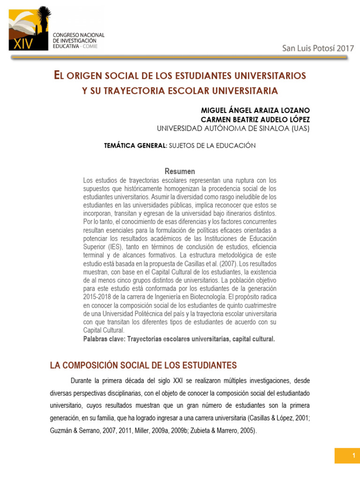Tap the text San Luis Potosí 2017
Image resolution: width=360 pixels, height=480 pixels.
[318, 48]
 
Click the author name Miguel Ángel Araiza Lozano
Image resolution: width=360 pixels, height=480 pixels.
[255, 110]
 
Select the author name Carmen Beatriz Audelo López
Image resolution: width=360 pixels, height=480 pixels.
[255, 120]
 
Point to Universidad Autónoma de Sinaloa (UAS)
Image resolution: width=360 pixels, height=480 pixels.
[233, 128]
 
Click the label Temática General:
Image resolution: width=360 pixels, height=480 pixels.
[135, 146]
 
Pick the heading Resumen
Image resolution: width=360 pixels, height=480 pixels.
[180, 172]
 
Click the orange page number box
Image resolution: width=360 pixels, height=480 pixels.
[347, 456]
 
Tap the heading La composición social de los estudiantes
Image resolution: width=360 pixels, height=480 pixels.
[143, 366]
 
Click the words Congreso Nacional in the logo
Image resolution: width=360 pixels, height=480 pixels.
[79, 35]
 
